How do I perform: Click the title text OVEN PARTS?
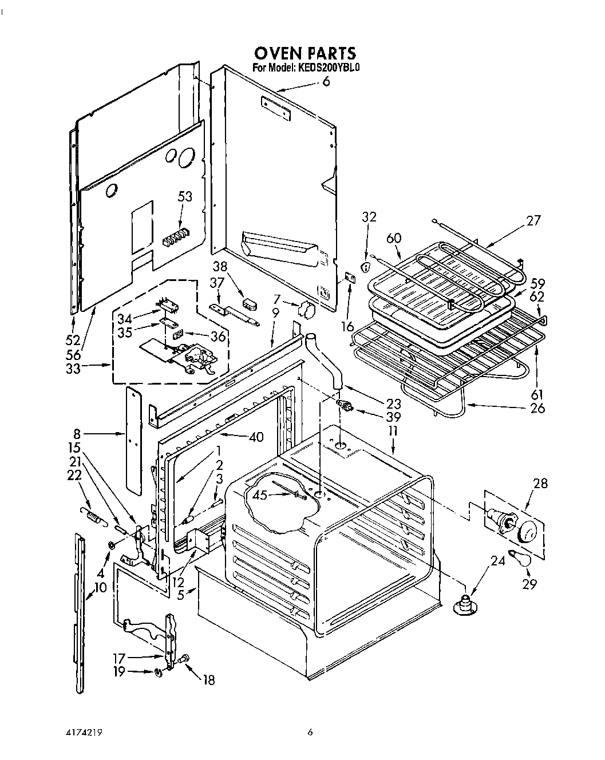[x=305, y=53]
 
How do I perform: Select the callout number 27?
[x=533, y=221]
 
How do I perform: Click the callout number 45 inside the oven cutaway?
[x=260, y=495]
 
